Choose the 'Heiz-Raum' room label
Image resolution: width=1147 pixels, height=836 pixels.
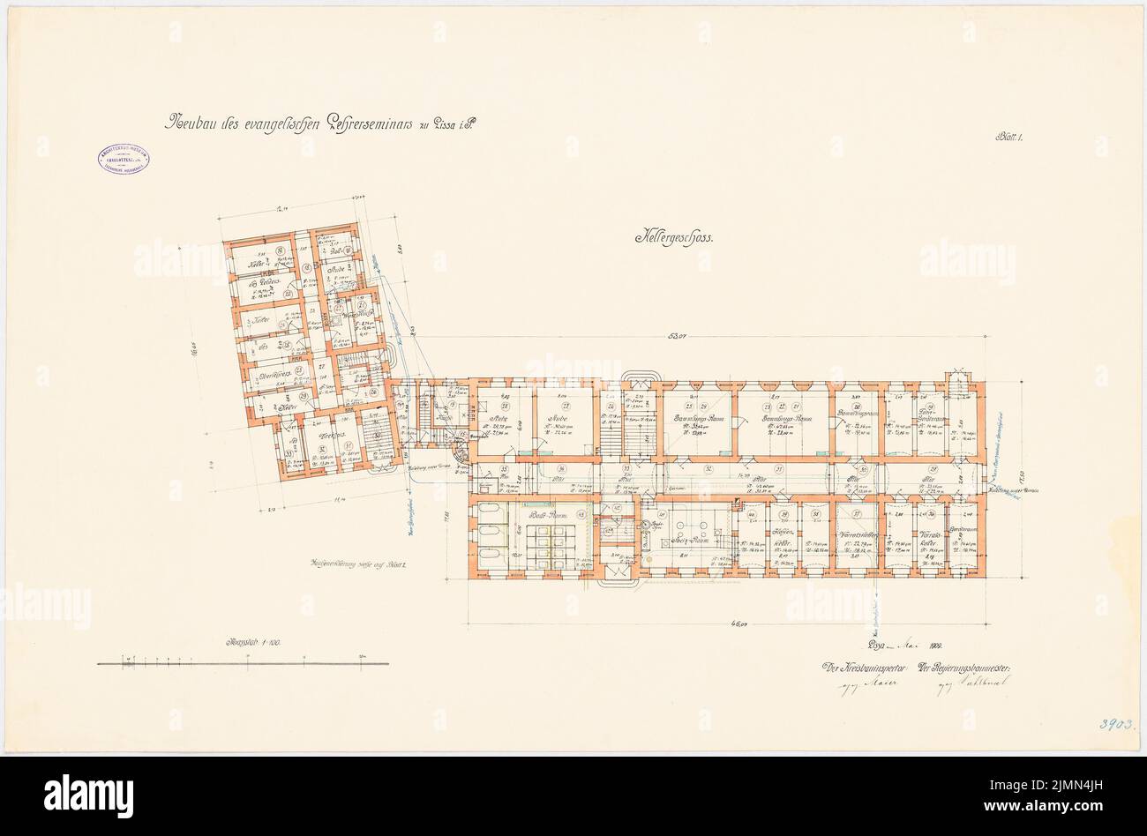tap(688, 540)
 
